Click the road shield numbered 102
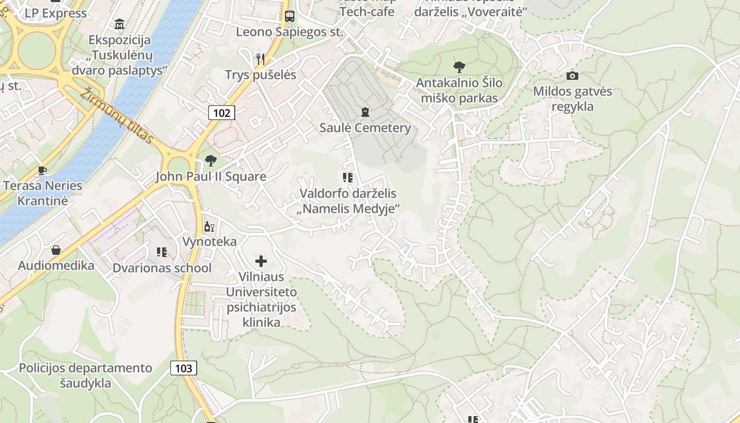click(x=221, y=112)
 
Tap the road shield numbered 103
click(x=183, y=368)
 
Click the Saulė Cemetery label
click(x=365, y=128)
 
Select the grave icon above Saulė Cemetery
click(x=365, y=112)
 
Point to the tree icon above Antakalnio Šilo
click(x=459, y=67)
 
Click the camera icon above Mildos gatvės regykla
click(x=572, y=76)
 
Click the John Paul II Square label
click(x=210, y=177)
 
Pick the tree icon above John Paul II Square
click(x=211, y=161)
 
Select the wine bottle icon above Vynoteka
click(x=209, y=227)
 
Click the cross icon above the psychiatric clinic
click(x=261, y=261)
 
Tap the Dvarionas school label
click(x=162, y=268)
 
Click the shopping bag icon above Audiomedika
click(x=56, y=250)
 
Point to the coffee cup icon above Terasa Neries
click(x=42, y=170)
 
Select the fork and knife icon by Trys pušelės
click(x=260, y=59)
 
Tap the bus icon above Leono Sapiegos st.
click(x=289, y=16)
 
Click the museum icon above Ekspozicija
click(x=119, y=24)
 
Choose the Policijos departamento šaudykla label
click(x=86, y=375)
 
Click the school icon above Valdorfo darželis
click(x=347, y=178)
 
